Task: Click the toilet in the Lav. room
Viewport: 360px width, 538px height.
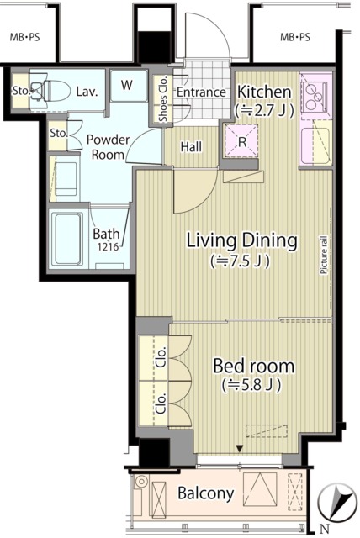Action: (x=50, y=91)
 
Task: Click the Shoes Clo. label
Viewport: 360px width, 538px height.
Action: (x=163, y=98)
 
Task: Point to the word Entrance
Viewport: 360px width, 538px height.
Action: (x=201, y=92)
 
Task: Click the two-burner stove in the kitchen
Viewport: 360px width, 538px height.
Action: (x=314, y=98)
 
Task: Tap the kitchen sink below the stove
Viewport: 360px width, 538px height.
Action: (x=316, y=145)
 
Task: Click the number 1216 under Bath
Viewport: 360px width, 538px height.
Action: (x=108, y=246)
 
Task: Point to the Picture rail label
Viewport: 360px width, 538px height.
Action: (x=323, y=254)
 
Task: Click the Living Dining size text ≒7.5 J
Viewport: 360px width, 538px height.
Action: (x=241, y=261)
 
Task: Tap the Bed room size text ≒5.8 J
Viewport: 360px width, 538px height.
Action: (x=252, y=385)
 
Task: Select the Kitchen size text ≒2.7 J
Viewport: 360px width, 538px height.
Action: (x=264, y=110)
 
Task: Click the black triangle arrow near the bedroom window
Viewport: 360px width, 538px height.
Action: (x=240, y=449)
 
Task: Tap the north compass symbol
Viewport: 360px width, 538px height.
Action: (x=336, y=502)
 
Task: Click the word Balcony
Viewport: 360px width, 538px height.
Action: (x=206, y=493)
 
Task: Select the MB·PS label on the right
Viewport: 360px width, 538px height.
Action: (x=295, y=37)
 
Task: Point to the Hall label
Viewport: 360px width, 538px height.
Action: (x=191, y=147)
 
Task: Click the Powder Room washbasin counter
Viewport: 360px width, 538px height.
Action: (x=65, y=179)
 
